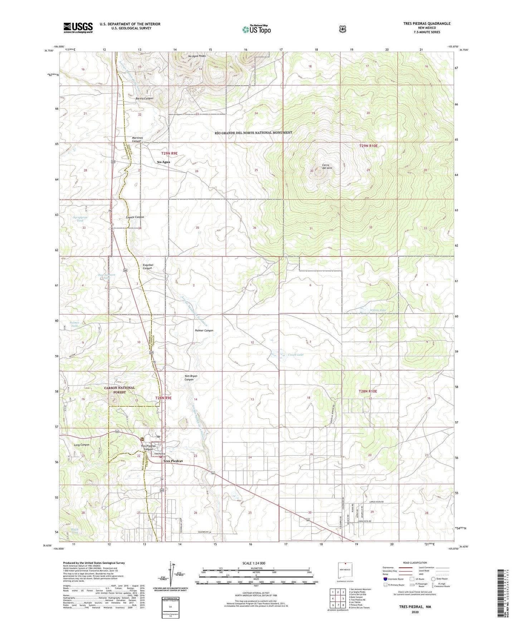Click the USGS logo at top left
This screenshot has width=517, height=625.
(x=78, y=28)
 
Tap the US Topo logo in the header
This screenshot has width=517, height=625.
(x=257, y=29)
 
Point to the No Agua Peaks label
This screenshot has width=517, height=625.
(x=197, y=56)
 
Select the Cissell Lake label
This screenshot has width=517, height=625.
(x=296, y=355)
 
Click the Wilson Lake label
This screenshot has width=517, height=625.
(x=378, y=310)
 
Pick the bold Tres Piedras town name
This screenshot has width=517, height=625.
(x=173, y=461)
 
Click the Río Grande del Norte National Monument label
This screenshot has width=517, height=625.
(x=253, y=133)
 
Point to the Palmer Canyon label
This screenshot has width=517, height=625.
(x=204, y=330)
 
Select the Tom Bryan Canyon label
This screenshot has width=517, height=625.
(x=191, y=378)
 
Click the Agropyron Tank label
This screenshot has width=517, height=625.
(x=80, y=219)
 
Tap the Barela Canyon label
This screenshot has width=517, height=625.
(x=144, y=98)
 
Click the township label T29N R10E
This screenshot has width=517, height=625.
(x=368, y=146)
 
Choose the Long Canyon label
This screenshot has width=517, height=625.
(x=82, y=445)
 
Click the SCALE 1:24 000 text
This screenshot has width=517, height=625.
(x=253, y=563)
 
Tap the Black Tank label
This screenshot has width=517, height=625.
(x=74, y=531)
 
